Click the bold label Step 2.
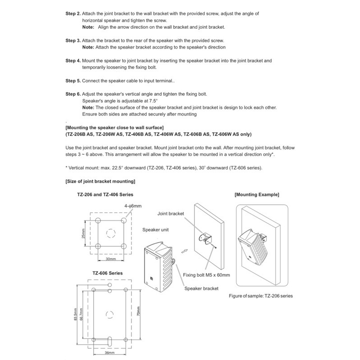(x=73, y=14)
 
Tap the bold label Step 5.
(x=73, y=81)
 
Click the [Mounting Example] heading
(x=257, y=195)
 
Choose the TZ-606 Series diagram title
(x=108, y=273)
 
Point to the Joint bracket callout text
(x=171, y=214)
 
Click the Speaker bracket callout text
(x=201, y=288)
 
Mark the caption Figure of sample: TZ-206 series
(x=261, y=297)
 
